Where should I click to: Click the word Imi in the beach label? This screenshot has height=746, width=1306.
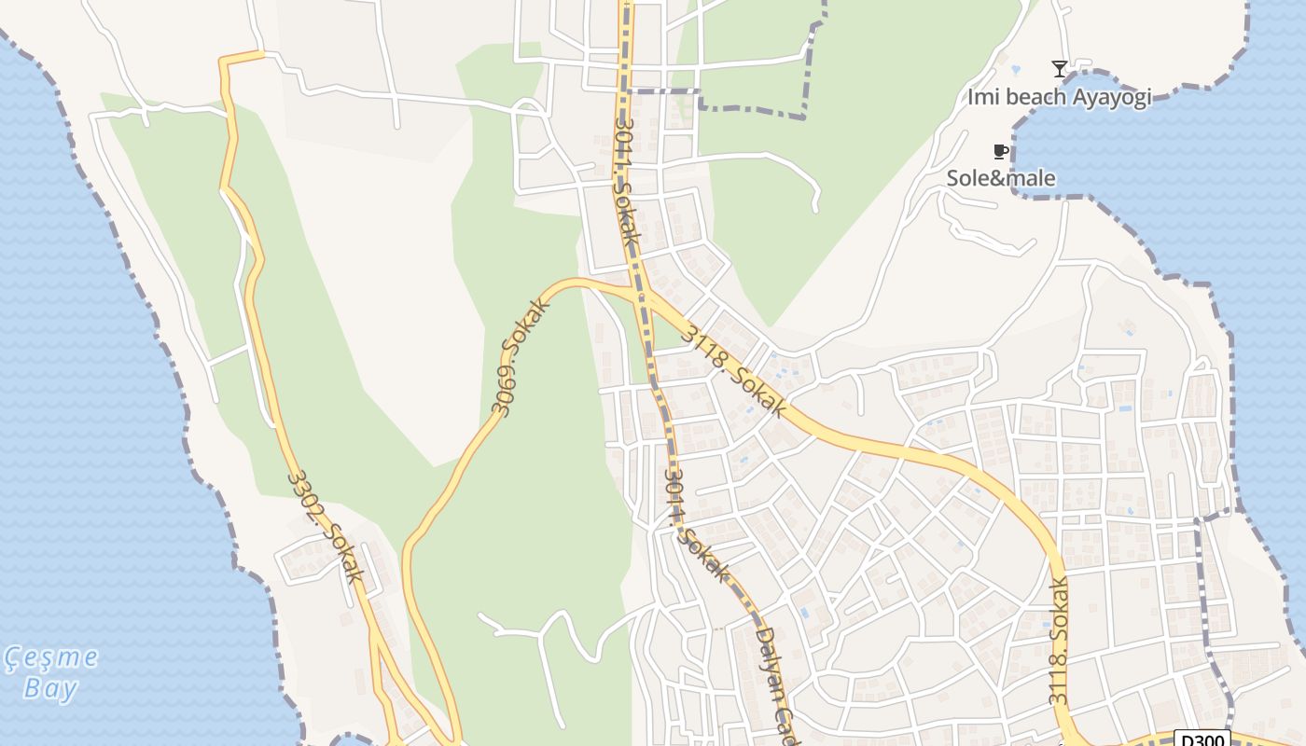981,96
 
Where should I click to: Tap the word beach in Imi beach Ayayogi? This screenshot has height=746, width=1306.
1033,96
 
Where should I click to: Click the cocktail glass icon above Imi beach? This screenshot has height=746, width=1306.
1059,68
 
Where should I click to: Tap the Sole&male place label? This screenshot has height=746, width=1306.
1001,178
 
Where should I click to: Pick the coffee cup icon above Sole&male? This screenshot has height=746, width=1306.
1000,151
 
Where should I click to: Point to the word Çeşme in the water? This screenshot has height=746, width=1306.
51,658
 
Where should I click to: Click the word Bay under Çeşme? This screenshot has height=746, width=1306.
50,690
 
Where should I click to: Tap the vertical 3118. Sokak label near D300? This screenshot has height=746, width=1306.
1058,642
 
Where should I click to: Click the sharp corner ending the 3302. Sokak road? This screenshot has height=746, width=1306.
223,62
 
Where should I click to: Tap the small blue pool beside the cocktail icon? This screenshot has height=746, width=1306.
1016,69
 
